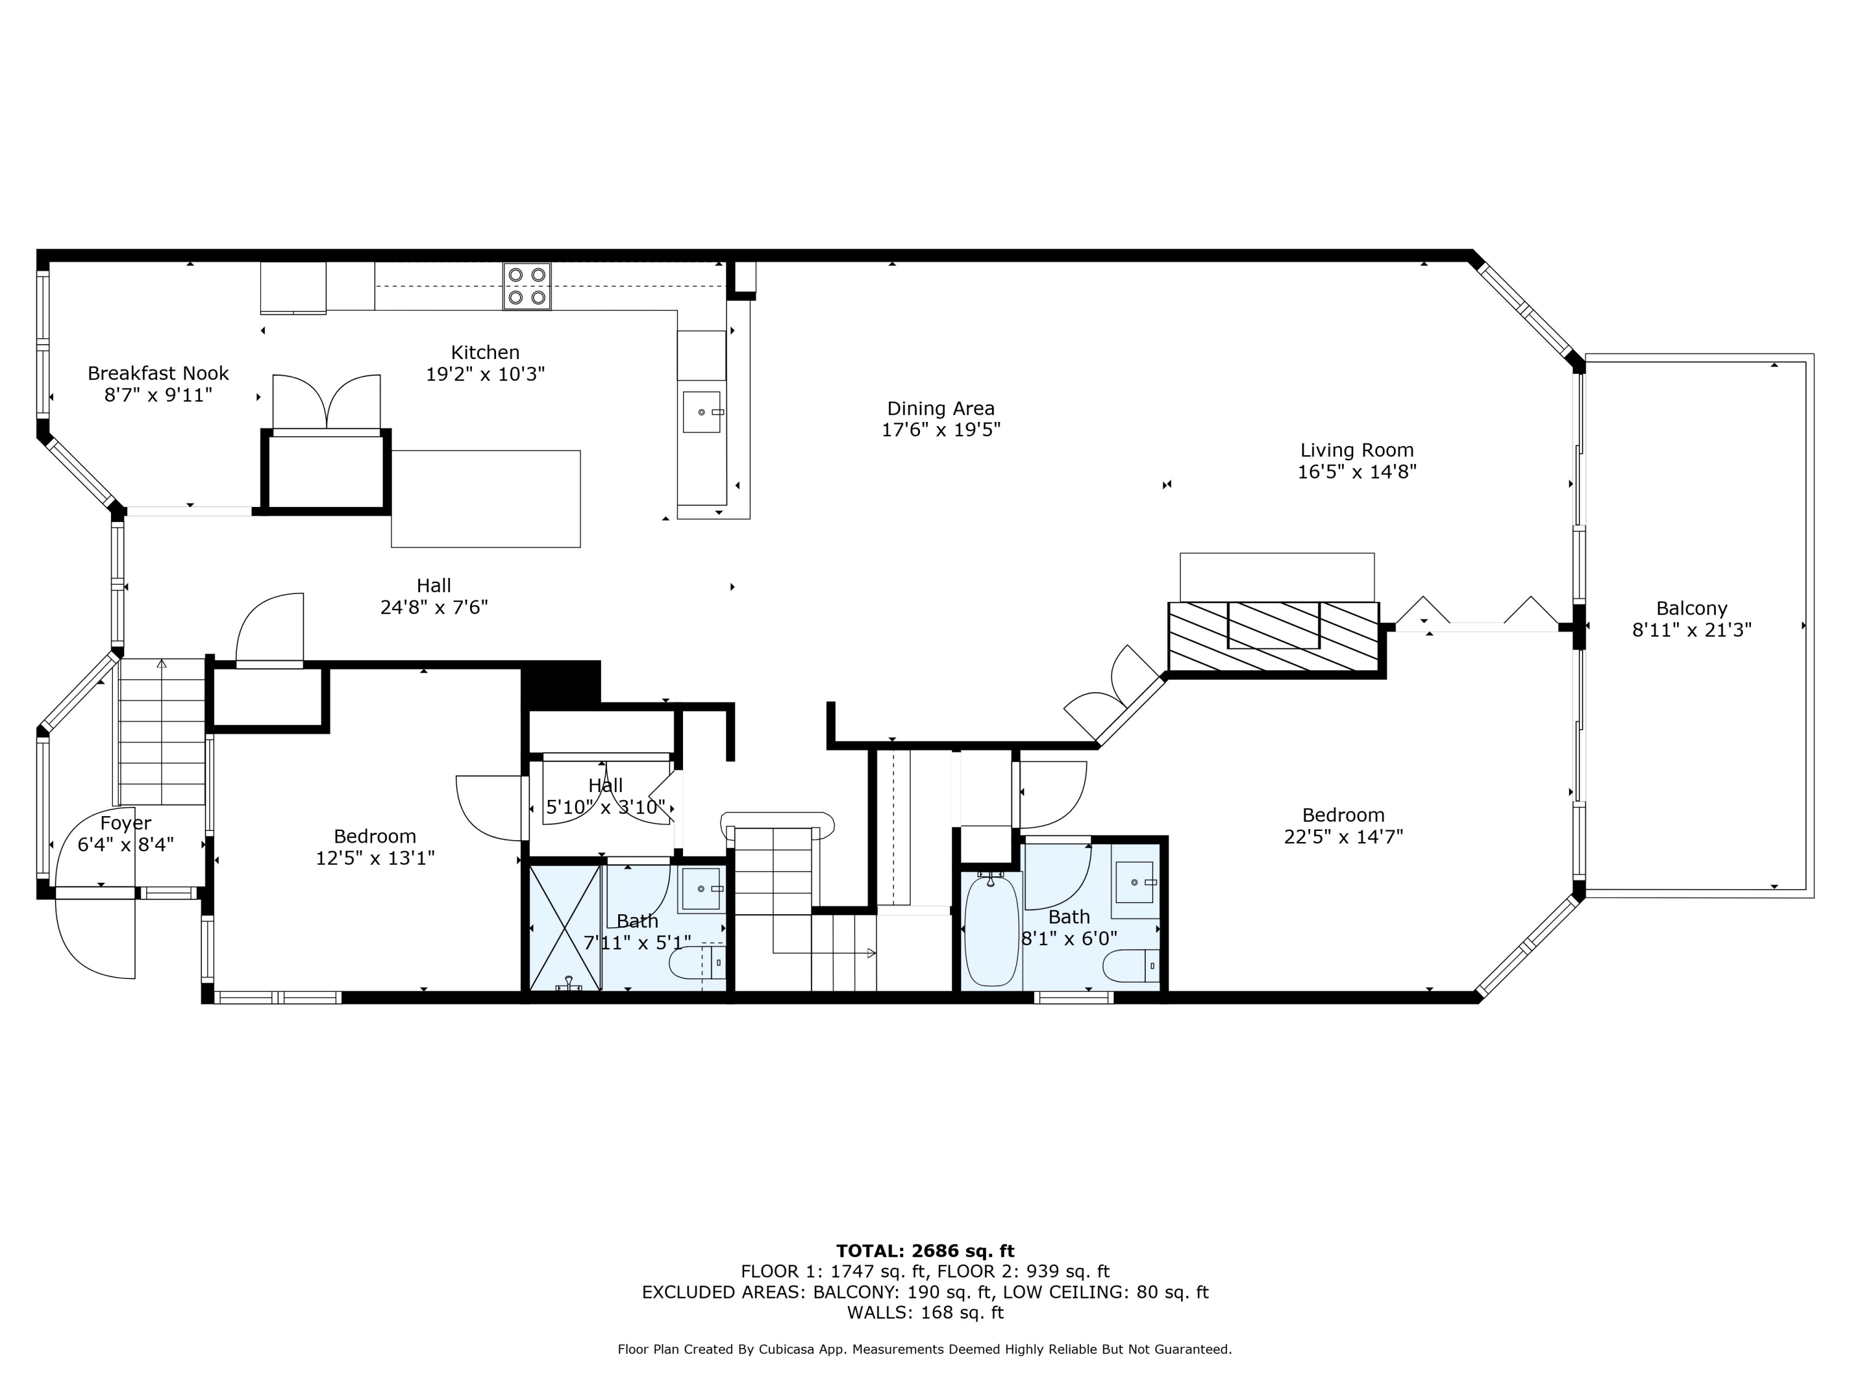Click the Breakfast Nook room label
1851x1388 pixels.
(158, 373)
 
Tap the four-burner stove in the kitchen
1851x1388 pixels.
(527, 286)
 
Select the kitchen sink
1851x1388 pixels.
(702, 411)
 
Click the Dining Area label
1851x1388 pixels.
(940, 408)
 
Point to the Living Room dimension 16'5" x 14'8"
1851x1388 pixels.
(1356, 472)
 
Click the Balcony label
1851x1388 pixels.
(1691, 608)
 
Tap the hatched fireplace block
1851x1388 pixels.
(1273, 636)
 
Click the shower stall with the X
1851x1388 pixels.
(566, 928)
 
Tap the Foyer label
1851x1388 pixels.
(125, 824)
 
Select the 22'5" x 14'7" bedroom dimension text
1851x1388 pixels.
(1343, 837)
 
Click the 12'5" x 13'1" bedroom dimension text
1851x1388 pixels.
(375, 857)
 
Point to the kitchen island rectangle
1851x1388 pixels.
(486, 498)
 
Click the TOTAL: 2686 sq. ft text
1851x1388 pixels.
(925, 1251)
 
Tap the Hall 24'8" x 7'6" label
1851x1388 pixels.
(434, 597)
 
